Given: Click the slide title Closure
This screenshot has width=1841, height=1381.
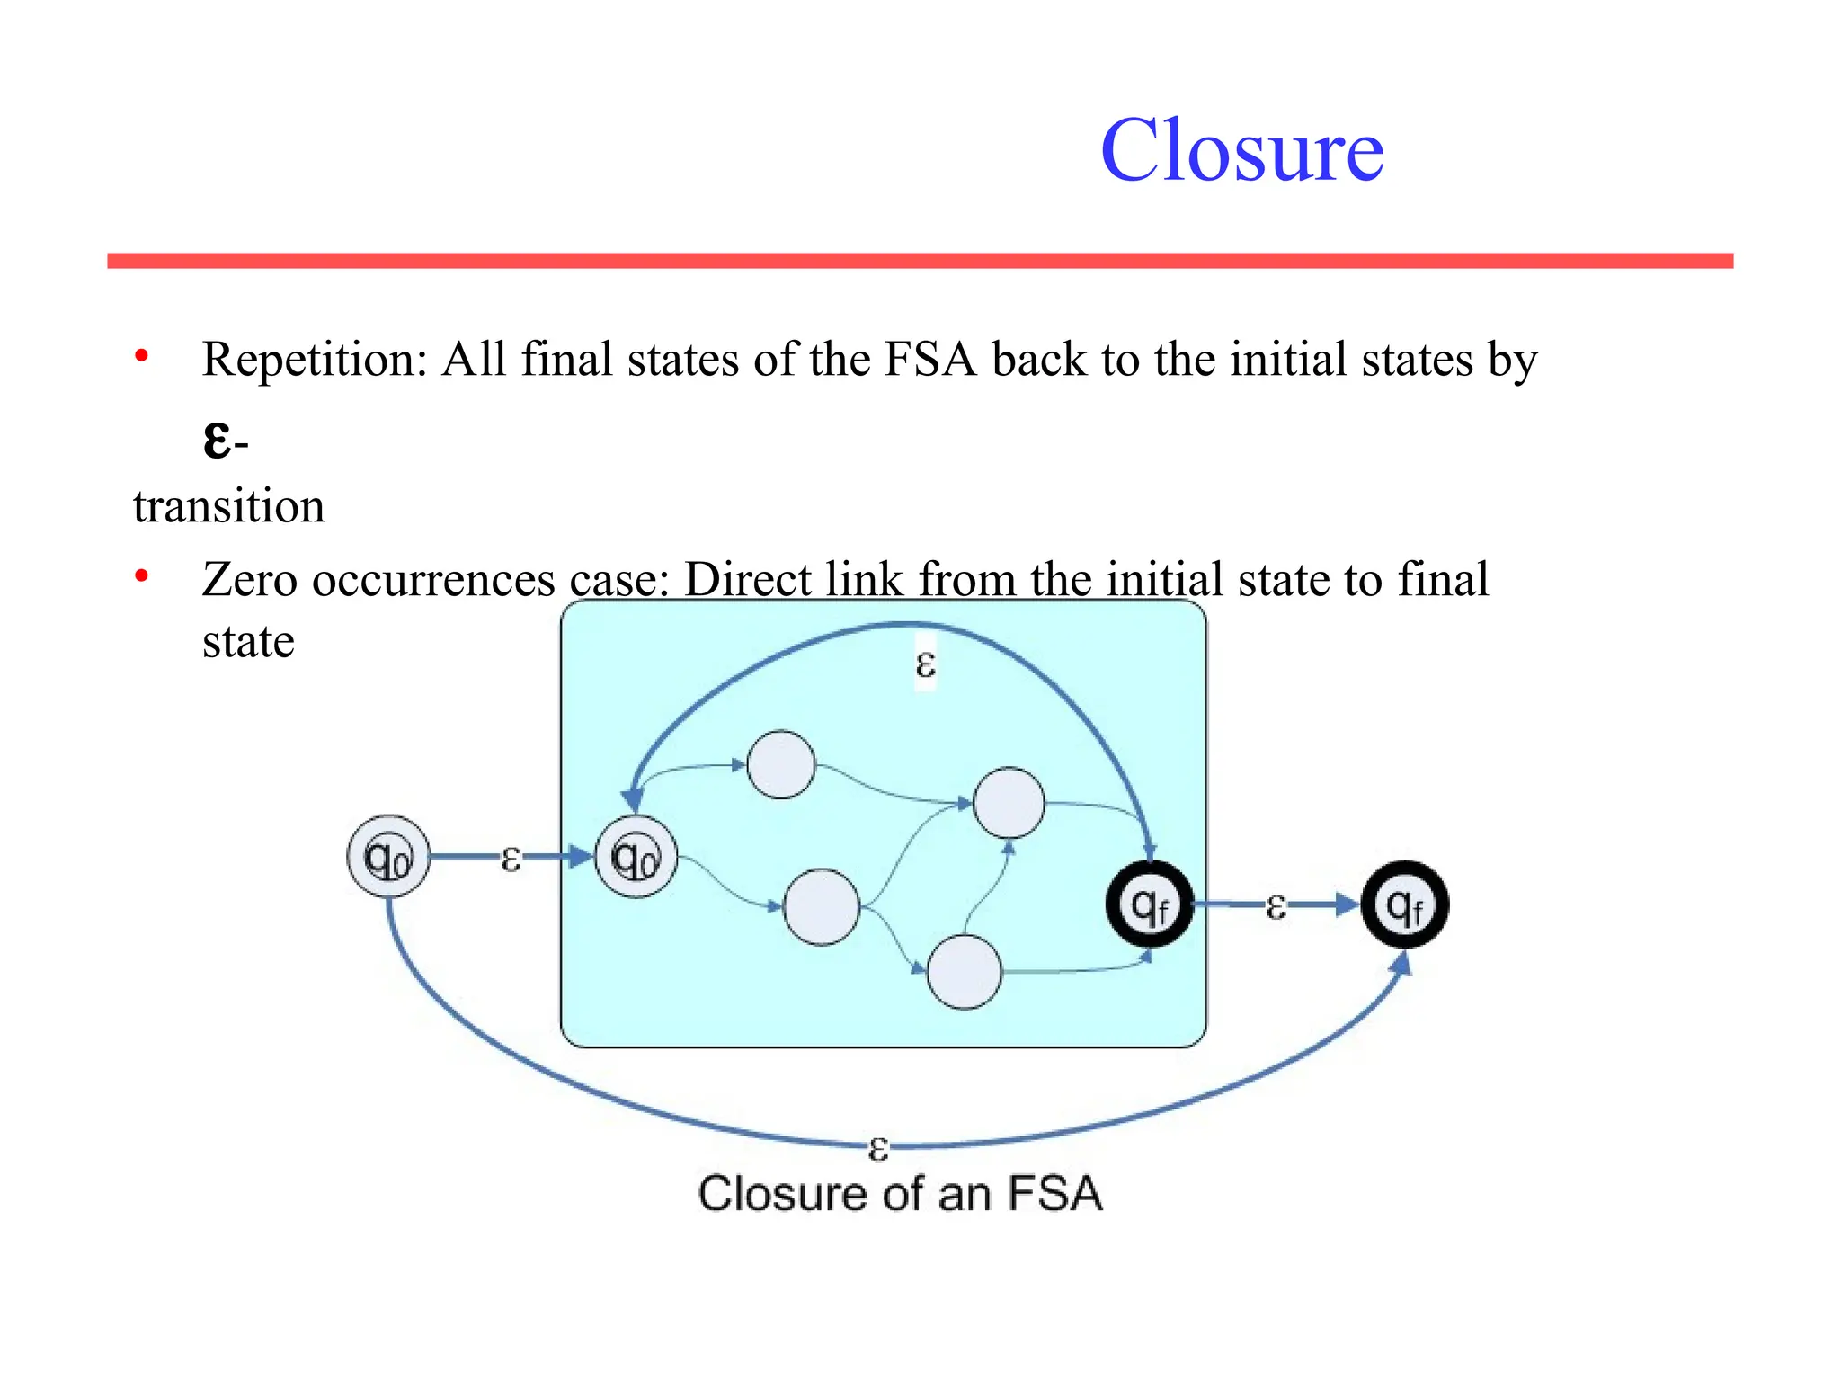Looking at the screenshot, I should coord(1241,151).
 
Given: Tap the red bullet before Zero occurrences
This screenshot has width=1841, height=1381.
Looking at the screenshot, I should coord(141,577).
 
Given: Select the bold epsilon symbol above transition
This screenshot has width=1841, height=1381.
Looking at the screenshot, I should coord(217,441).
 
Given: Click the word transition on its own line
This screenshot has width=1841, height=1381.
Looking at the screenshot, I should coord(229,506).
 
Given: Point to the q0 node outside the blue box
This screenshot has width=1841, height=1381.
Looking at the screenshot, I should coord(388,857).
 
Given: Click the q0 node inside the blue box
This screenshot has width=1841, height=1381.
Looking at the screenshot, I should coord(636,857).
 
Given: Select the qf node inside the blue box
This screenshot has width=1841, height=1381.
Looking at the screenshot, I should coord(1150,904).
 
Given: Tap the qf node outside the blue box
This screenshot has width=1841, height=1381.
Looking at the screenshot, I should coord(1405,904).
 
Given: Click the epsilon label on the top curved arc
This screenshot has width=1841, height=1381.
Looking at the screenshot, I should coord(925,665).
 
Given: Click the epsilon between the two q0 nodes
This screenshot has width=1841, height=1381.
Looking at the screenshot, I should coord(511,859).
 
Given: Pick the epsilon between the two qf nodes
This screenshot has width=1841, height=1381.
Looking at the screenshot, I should coord(1276,906).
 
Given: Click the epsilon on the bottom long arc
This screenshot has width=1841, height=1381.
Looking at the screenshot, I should coord(878,1148).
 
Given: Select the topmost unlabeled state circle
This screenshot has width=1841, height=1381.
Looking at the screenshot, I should coord(781,765).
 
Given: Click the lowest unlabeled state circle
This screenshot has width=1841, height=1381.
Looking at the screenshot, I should coord(964,972).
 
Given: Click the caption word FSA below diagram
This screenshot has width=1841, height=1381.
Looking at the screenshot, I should coord(1054,1195).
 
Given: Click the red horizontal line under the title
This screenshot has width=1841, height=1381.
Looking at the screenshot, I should coord(920,261).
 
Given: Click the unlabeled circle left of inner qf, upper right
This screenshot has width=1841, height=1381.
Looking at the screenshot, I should coord(1009,802).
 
